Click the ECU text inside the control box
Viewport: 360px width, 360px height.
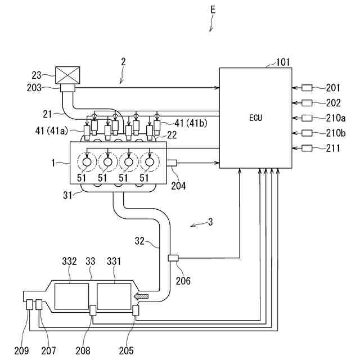(255, 118)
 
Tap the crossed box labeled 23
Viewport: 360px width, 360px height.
(67, 75)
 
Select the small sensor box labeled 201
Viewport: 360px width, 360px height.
(307, 88)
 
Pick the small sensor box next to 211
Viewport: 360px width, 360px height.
(307, 148)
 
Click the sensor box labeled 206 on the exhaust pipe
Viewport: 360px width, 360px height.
(173, 258)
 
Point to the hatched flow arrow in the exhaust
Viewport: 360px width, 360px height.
(141, 296)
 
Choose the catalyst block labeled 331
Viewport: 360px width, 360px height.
(114, 296)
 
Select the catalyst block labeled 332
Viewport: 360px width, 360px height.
(71, 296)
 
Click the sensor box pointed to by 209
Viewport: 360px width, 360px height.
(30, 304)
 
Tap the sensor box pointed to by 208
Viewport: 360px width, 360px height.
(93, 310)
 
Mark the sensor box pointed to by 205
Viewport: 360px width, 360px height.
(136, 310)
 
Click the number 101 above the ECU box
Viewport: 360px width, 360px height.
(282, 62)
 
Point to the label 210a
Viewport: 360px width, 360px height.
(336, 118)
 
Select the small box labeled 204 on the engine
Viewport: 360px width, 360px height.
(172, 163)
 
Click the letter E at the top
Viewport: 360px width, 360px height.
(213, 10)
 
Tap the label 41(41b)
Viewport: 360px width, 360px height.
(191, 123)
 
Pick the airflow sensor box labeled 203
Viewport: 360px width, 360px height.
(67, 88)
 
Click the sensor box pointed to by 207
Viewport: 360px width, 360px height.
(39, 304)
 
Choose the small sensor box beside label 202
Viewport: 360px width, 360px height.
(307, 103)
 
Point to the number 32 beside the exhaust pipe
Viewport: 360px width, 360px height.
(139, 241)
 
